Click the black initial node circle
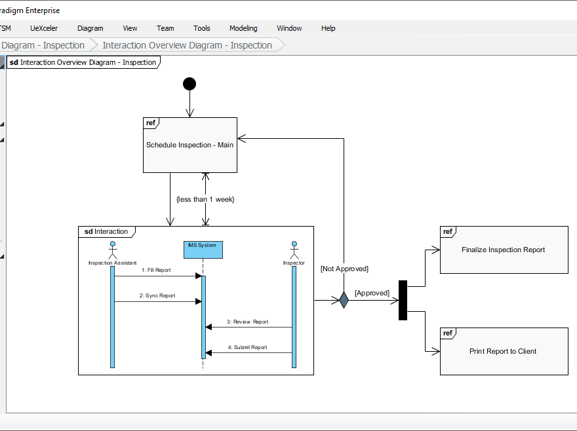click(x=189, y=83)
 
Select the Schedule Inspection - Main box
click(x=189, y=145)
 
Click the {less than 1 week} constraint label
click(x=205, y=199)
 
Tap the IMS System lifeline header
click(x=203, y=249)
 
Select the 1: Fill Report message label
click(x=156, y=270)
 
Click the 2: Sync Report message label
click(x=157, y=295)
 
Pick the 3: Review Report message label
click(x=248, y=322)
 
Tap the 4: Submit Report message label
click(x=247, y=347)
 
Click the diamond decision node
click(x=343, y=301)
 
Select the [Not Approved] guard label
click(x=344, y=269)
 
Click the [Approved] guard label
click(x=372, y=293)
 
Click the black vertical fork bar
click(x=403, y=301)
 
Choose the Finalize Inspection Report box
click(x=504, y=250)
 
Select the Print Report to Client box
click(x=504, y=351)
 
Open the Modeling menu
click(x=243, y=28)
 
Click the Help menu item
click(x=328, y=28)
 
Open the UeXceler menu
click(x=44, y=28)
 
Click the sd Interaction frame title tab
click(x=106, y=232)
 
